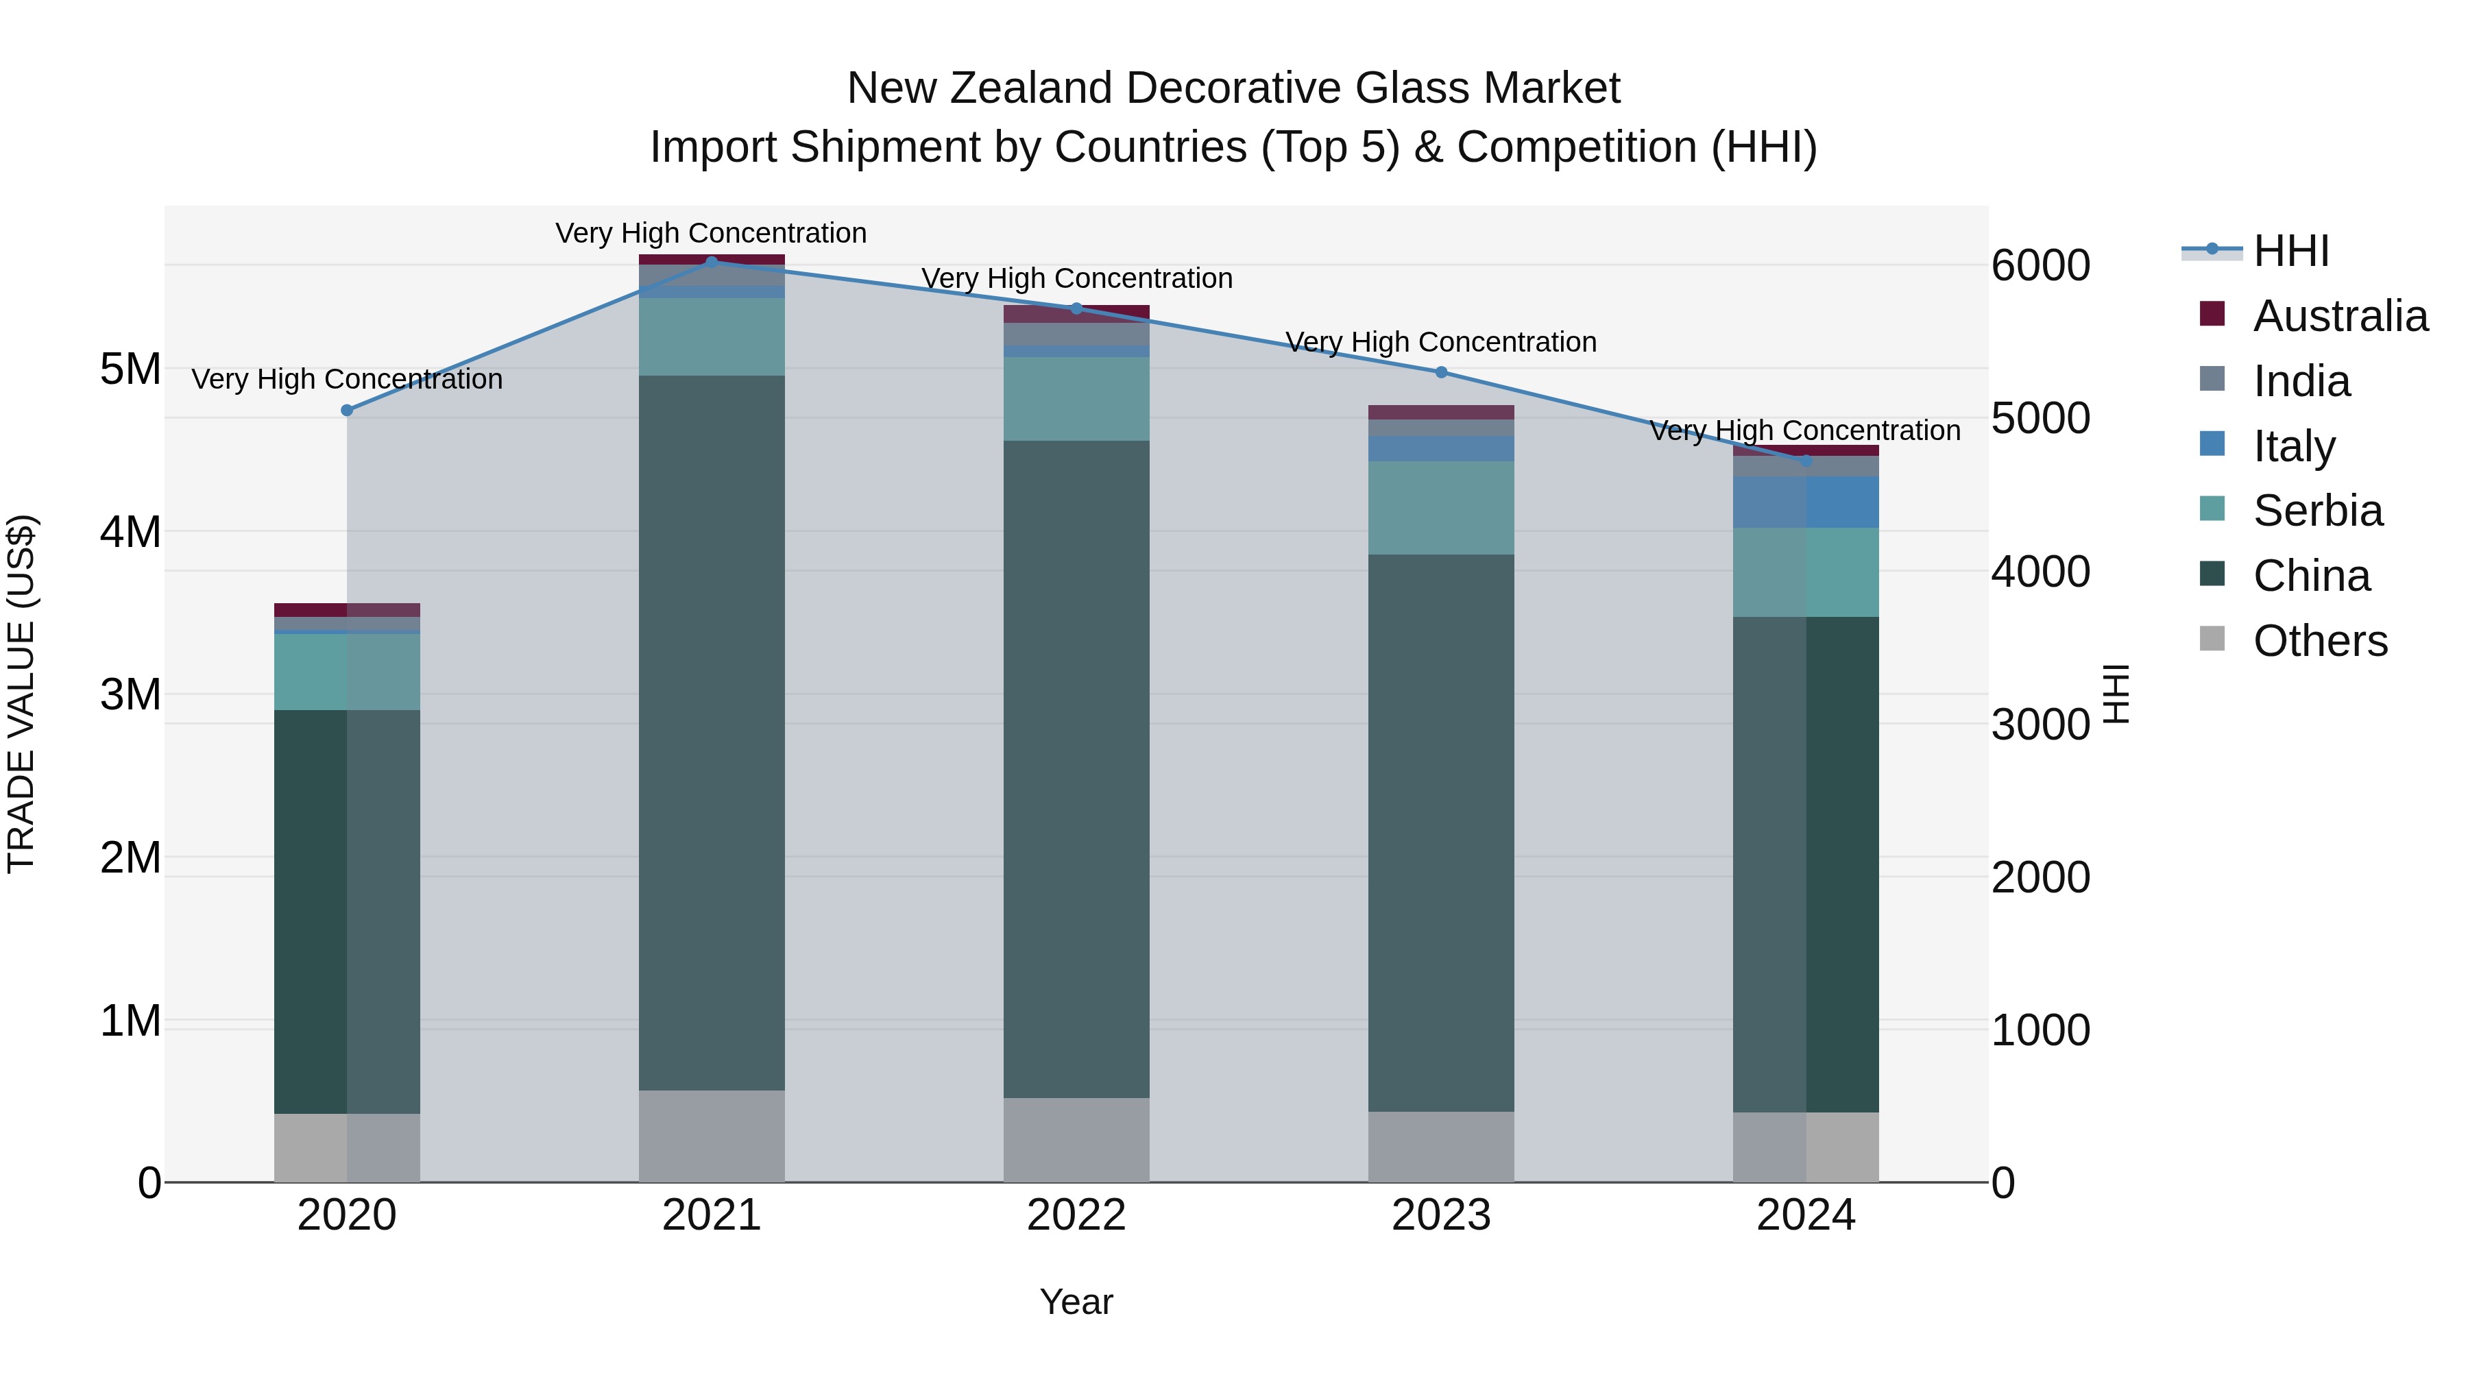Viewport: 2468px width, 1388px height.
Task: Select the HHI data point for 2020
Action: point(347,410)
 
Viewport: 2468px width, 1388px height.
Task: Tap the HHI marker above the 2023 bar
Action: point(1441,372)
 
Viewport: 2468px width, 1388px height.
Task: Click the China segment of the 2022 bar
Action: point(1076,768)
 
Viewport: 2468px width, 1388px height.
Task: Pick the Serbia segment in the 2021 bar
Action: point(711,337)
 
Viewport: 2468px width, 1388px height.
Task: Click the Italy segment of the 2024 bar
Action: point(1805,501)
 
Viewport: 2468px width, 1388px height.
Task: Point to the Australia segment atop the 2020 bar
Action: point(347,609)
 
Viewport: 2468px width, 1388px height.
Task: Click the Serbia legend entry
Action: point(2316,511)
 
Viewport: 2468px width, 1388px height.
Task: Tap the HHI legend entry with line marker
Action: point(2290,251)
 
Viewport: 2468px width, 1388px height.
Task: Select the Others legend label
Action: point(2319,641)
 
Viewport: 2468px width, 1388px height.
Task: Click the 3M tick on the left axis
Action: point(130,694)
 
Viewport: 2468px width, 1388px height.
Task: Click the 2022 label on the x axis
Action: point(1076,1215)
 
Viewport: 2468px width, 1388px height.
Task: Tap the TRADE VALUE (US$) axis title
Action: point(21,694)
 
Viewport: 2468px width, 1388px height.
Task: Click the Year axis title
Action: point(1076,1302)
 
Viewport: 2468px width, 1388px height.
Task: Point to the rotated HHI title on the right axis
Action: point(2116,694)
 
